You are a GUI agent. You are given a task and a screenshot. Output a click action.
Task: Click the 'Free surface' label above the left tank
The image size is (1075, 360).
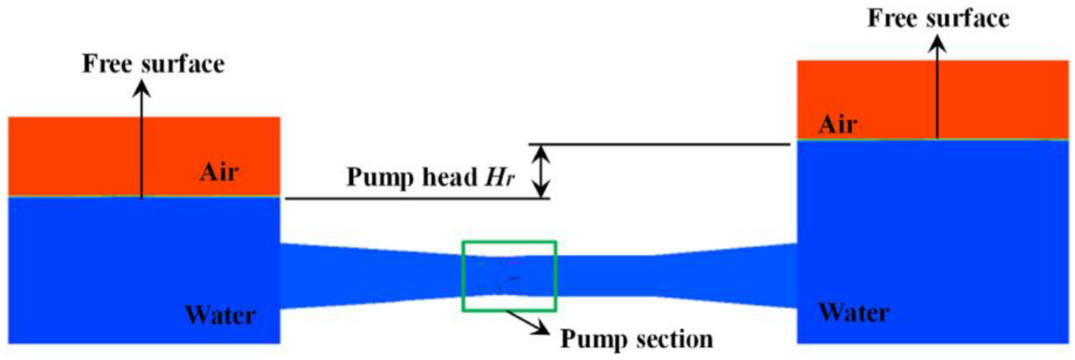[153, 64]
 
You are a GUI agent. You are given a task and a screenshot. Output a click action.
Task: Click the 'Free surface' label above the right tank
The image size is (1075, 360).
[938, 19]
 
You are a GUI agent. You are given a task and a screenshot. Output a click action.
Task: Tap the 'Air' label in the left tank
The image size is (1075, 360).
[219, 172]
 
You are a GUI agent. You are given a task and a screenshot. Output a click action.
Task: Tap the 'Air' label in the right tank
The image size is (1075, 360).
[838, 124]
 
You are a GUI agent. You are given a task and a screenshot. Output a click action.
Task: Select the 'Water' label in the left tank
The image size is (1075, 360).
[220, 315]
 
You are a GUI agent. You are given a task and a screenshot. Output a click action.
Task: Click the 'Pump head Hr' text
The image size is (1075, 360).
[431, 177]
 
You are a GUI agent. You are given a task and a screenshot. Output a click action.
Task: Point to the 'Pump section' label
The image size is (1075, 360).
[636, 339]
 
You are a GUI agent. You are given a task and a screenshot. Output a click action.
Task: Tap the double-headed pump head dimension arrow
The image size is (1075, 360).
[542, 171]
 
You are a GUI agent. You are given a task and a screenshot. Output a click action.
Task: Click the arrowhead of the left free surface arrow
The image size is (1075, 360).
[143, 87]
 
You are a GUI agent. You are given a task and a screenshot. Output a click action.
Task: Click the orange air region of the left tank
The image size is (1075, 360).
[72, 157]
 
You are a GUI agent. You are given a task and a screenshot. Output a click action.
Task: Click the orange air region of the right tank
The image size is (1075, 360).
[1006, 98]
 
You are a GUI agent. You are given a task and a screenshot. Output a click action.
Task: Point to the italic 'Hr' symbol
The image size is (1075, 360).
[500, 177]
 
